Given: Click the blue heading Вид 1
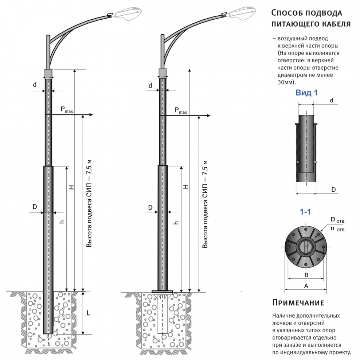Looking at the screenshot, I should point(306,93).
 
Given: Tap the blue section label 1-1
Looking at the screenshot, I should point(305,211).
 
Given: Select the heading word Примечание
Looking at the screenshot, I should point(298,303).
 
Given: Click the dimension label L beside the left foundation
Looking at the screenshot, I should point(89,313).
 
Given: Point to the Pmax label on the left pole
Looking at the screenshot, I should point(67,110).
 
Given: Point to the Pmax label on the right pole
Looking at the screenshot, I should point(181,110).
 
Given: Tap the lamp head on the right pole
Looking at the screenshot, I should point(241,13).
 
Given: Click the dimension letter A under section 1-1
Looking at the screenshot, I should point(306,286).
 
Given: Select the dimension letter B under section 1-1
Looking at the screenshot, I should point(306,274).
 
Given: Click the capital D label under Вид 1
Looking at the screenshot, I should point(333,189).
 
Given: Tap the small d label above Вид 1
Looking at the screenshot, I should point(331,100).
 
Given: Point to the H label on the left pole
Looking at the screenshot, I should point(72,187).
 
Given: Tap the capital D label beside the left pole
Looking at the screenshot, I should point(35,207).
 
